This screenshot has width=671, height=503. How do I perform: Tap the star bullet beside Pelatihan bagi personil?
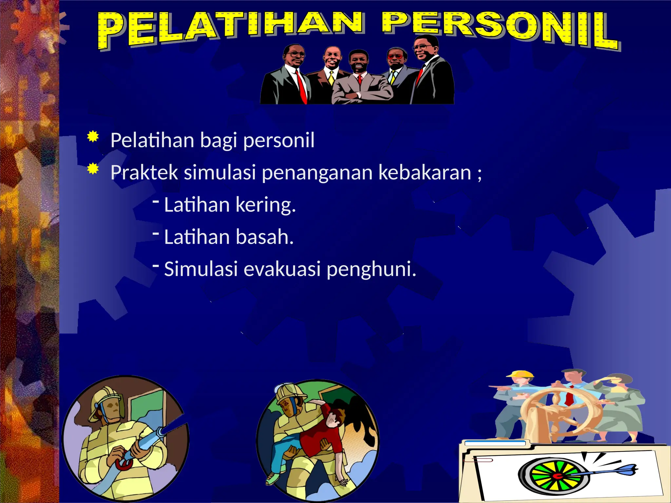click(93, 137)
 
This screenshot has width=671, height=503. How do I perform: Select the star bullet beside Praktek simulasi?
click(93, 169)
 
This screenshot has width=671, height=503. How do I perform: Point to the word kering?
click(265, 205)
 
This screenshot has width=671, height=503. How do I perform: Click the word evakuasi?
click(282, 269)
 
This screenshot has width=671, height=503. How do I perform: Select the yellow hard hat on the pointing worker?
click(521, 374)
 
